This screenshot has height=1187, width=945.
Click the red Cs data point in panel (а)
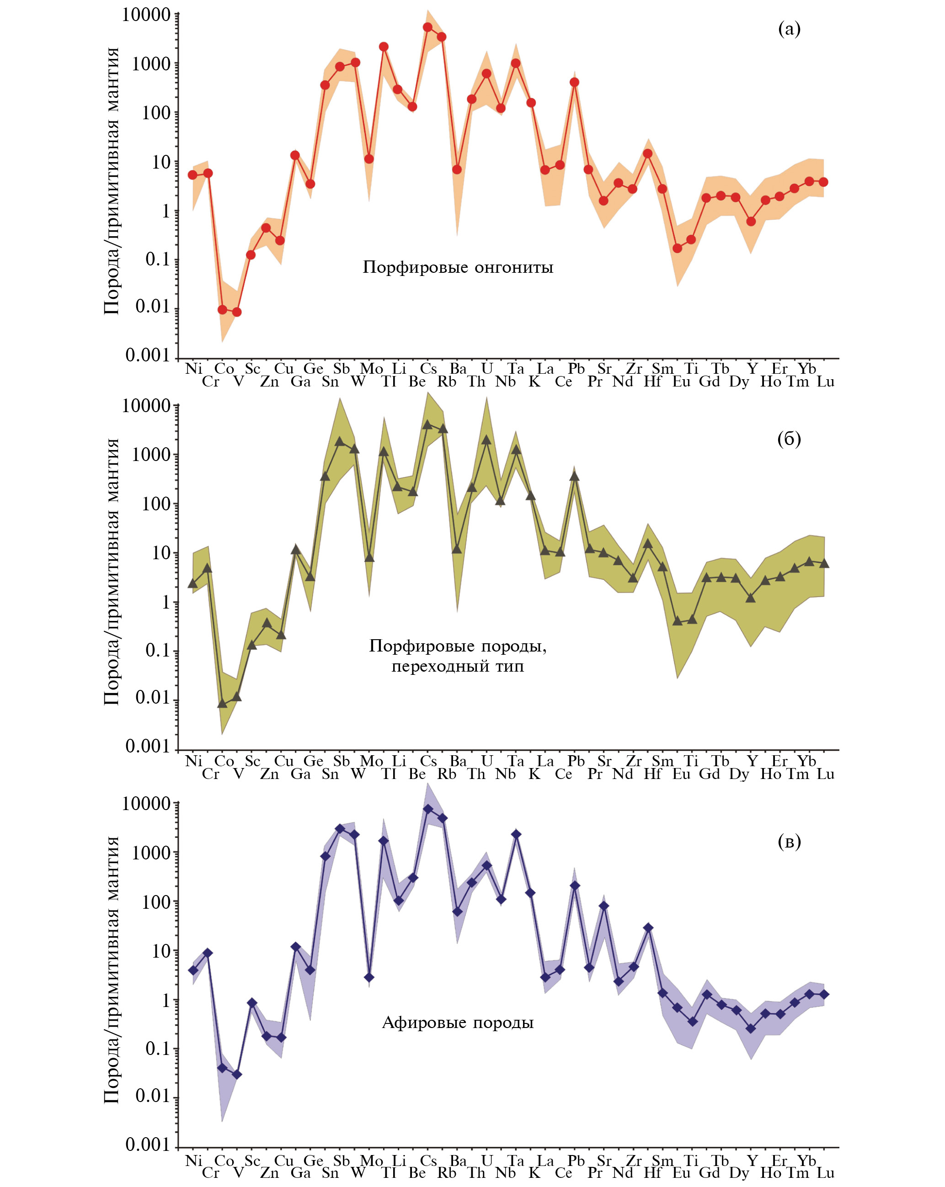click(x=427, y=27)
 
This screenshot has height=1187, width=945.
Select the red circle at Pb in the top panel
click(x=574, y=83)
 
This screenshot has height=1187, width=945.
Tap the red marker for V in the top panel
click(x=236, y=312)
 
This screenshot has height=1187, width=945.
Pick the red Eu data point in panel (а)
click(x=677, y=248)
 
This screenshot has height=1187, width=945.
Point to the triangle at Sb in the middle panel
click(x=339, y=441)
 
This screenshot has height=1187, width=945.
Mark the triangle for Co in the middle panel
click(x=222, y=704)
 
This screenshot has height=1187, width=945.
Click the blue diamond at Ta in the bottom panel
click(x=516, y=834)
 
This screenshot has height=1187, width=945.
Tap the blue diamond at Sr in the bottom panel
click(x=604, y=906)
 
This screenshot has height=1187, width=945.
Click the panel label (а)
click(x=789, y=29)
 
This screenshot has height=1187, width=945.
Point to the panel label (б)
click(x=789, y=438)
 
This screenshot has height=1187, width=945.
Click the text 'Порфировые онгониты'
click(x=458, y=268)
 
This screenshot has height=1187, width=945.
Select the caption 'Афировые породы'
click(x=458, y=1023)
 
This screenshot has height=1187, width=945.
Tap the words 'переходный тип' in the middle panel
click(x=458, y=667)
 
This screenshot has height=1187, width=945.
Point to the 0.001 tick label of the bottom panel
click(x=147, y=1145)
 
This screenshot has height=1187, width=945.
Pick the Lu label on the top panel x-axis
click(x=825, y=382)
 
